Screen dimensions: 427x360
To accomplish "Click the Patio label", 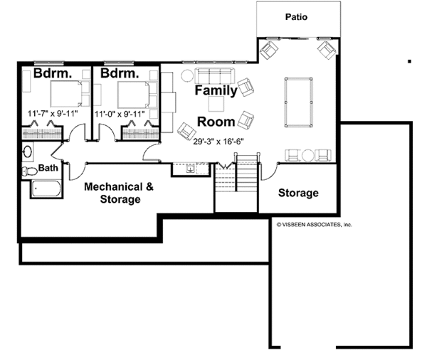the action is click(296, 17).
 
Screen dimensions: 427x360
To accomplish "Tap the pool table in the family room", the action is click(298, 102).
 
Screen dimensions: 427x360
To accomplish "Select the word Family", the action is click(216, 90).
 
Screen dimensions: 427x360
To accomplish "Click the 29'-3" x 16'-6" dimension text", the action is click(218, 142).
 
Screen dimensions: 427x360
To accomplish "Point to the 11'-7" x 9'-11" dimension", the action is click(53, 113).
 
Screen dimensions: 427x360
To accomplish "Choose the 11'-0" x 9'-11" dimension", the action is click(120, 114).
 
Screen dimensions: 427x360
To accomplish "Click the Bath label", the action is click(48, 168).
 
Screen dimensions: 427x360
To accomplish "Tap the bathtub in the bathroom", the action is click(46, 188).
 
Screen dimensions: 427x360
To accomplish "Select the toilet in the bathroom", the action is click(29, 171).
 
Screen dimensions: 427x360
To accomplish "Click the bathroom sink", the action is click(28, 152).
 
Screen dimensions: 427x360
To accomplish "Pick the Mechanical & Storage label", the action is click(119, 193).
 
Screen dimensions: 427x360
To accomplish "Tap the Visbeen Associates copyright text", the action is click(315, 225).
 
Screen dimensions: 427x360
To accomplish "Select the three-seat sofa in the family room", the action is click(215, 75).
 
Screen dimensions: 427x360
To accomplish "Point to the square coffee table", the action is click(216, 104).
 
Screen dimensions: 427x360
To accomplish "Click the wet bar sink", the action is click(191, 169).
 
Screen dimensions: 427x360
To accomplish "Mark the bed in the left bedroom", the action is click(66, 93).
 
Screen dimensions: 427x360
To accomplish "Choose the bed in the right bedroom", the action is click(134, 95).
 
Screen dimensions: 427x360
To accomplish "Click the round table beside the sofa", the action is click(187, 75).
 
